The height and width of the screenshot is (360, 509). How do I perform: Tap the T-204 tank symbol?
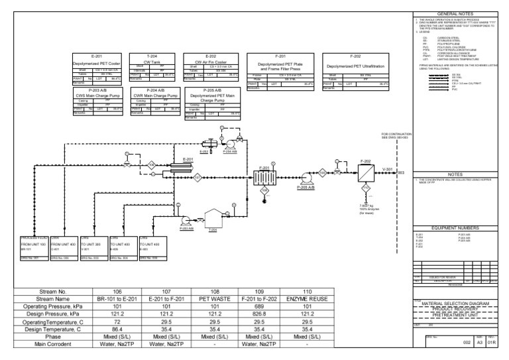tap(213, 219)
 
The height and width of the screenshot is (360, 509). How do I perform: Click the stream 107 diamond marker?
tap(197, 177)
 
